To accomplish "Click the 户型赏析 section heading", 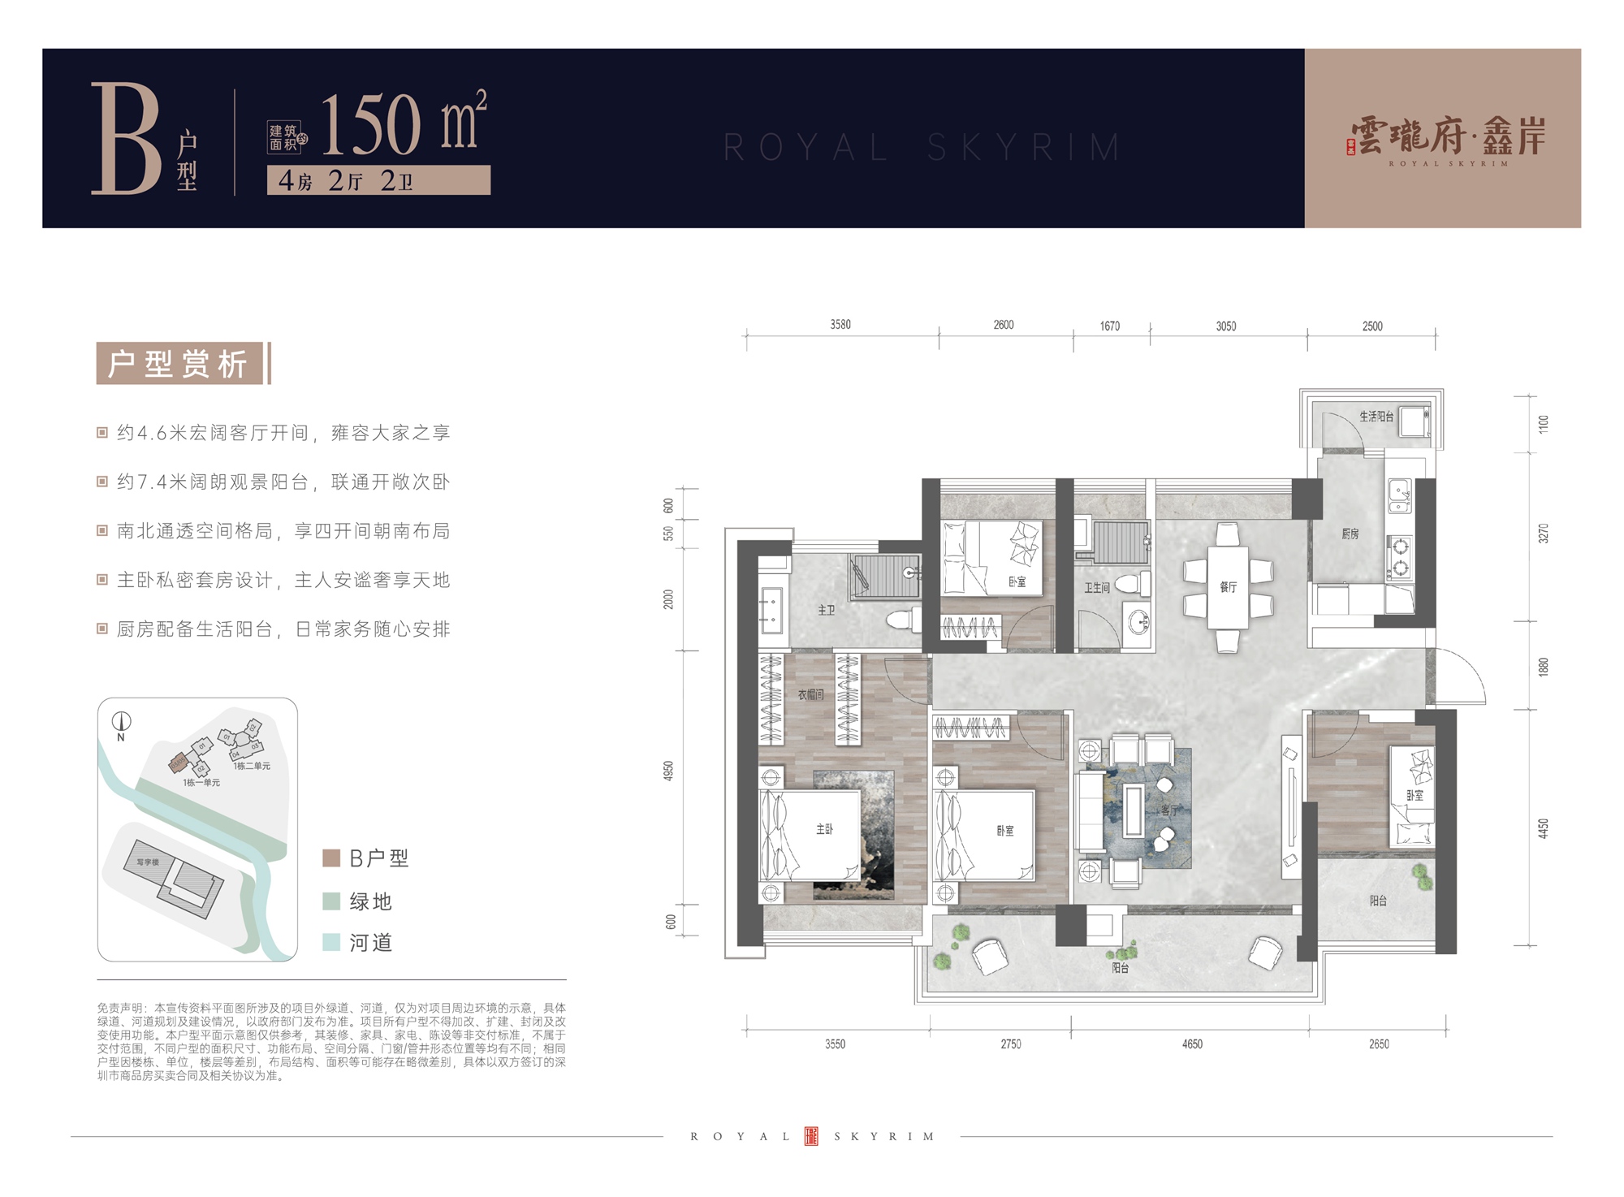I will click(178, 363).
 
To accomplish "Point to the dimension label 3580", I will click(840, 325).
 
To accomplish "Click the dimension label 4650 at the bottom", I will click(1191, 1044).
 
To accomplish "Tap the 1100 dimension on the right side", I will click(1543, 424).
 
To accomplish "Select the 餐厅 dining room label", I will click(1227, 586).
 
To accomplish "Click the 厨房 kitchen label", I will click(1350, 534).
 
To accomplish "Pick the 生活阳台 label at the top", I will click(1376, 416).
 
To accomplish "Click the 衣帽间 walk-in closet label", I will click(810, 695).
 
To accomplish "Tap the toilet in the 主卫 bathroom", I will click(901, 621).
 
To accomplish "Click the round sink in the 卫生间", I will click(1138, 624).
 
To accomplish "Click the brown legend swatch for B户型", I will click(331, 858).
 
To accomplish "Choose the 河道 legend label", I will click(371, 943).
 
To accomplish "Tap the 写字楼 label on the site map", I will click(147, 862).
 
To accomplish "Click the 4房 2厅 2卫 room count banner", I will click(378, 180).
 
